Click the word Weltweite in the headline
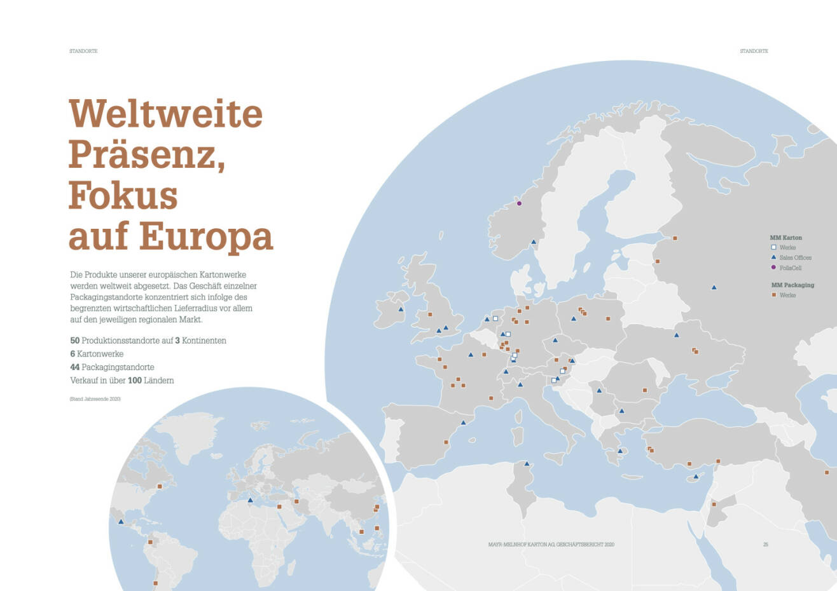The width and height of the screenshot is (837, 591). click(165, 114)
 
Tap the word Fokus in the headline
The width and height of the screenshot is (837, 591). click(123, 195)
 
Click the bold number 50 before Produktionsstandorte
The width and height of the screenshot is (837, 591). click(74, 341)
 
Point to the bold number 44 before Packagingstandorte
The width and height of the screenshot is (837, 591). click(74, 367)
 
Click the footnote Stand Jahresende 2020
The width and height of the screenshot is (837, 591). click(95, 399)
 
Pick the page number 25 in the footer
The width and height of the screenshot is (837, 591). click(766, 545)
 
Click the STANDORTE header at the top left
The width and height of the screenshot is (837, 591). click(83, 51)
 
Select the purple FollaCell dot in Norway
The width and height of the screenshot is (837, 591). click(519, 203)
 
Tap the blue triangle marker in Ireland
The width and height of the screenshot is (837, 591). click(401, 309)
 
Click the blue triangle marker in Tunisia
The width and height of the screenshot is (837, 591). click(527, 464)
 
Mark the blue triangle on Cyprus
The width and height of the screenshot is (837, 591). click(696, 476)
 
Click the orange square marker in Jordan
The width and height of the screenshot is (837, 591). click(714, 505)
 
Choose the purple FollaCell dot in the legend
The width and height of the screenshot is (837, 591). click(773, 268)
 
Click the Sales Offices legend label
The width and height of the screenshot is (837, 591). click(795, 257)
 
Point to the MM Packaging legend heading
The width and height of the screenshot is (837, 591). click(792, 285)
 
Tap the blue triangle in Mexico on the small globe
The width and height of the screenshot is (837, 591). click(121, 522)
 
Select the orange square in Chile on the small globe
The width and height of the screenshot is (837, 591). click(155, 583)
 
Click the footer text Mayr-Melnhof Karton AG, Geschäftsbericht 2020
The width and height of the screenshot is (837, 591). click(551, 545)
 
